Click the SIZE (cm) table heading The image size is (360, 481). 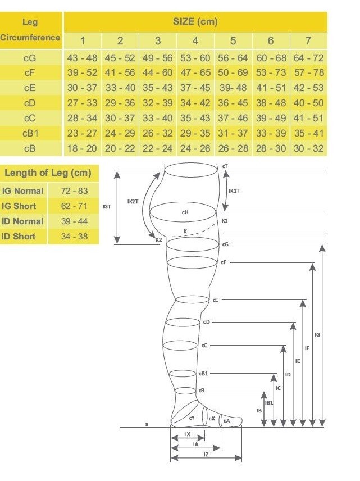195,22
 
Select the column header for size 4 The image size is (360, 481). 195,40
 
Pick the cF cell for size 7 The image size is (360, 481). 308,72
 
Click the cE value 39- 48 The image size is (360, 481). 233,88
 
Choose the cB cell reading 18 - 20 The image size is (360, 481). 83,148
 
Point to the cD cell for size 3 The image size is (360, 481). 157,103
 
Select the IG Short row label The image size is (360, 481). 22,206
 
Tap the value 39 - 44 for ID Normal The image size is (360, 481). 74,221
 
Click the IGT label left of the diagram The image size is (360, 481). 107,207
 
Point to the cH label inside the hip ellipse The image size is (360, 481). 185,212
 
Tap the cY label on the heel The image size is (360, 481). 192,418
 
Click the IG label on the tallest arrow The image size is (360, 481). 317,335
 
